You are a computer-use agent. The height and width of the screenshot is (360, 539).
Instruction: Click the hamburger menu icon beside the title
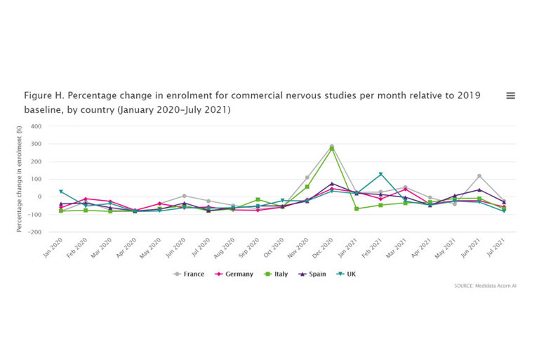[510, 95]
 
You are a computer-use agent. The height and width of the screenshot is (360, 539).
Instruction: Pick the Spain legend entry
[314, 274]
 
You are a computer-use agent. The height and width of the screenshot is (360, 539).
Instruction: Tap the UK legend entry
[347, 274]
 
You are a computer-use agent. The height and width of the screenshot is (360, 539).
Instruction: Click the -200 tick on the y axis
[35, 232]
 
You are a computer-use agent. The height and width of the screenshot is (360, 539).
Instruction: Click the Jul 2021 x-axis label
[497, 248]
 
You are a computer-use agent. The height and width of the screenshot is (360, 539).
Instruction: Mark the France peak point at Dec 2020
[332, 147]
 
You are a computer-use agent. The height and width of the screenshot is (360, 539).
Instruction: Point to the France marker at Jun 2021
[479, 176]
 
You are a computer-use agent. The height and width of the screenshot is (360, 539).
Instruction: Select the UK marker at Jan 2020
[61, 192]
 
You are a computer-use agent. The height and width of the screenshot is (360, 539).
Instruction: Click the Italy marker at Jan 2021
[357, 208]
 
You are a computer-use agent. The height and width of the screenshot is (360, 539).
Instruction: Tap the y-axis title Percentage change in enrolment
[20, 178]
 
